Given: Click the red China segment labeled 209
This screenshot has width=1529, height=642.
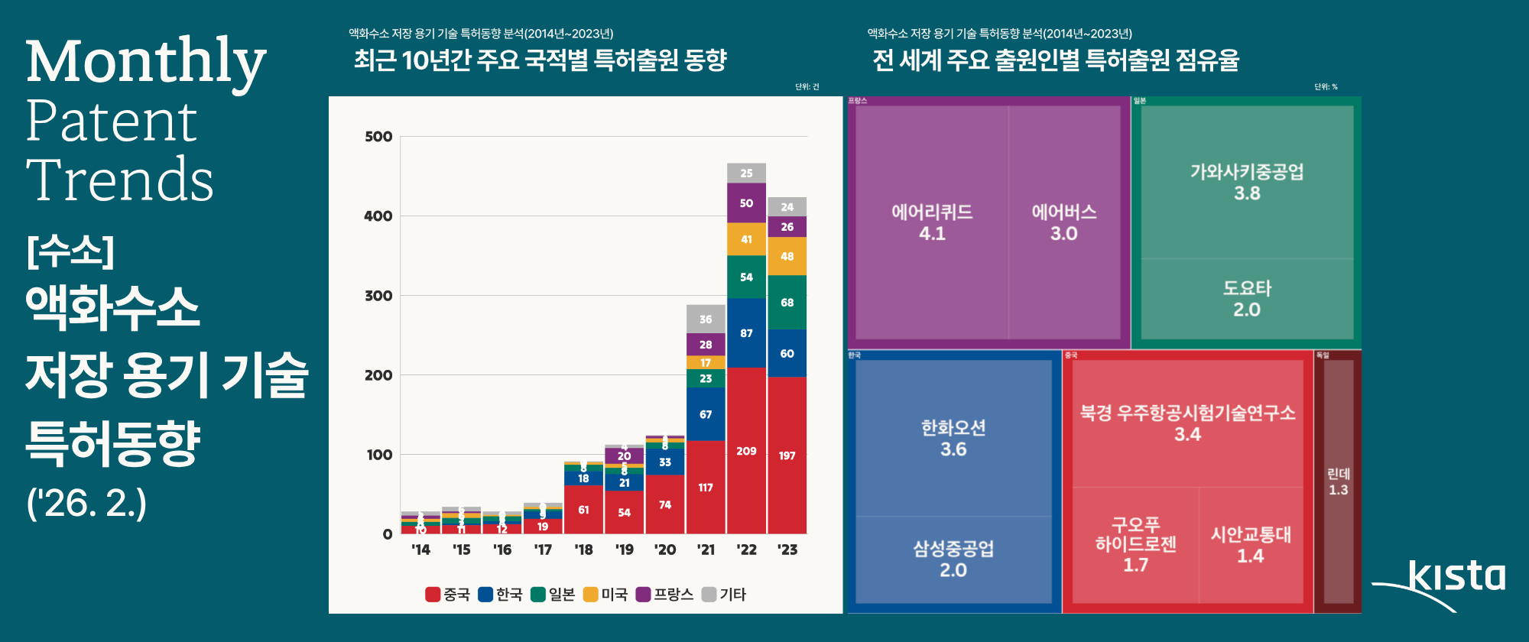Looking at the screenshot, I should click(x=746, y=451).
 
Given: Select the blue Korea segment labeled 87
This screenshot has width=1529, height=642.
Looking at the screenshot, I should click(x=746, y=333).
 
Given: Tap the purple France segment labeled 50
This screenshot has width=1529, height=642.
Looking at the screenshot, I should click(x=746, y=203).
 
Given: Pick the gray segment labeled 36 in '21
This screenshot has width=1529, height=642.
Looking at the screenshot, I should click(x=706, y=319).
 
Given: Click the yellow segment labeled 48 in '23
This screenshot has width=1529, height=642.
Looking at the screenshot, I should click(x=787, y=257).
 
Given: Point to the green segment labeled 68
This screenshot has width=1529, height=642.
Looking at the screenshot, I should click(x=787, y=303).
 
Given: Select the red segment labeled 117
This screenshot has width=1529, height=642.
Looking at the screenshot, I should click(x=706, y=487).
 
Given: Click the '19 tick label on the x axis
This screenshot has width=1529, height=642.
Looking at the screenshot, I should click(x=624, y=550).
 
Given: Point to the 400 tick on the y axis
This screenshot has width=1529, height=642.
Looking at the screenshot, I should click(x=378, y=216).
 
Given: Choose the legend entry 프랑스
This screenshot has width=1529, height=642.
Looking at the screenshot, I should click(x=664, y=595).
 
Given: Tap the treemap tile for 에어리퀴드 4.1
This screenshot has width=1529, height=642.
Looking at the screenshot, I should click(x=931, y=222).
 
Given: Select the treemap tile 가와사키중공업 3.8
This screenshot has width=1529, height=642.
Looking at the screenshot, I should click(x=1246, y=182).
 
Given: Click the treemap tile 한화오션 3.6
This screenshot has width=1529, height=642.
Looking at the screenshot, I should click(x=953, y=438).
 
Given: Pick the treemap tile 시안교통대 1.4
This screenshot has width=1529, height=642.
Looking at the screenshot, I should click(x=1250, y=545).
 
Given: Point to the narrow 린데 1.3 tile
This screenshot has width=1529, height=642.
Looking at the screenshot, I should click(x=1338, y=481).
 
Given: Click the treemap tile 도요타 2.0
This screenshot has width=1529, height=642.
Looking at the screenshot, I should click(x=1246, y=299).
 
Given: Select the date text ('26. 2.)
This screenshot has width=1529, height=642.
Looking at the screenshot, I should click(x=86, y=504).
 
